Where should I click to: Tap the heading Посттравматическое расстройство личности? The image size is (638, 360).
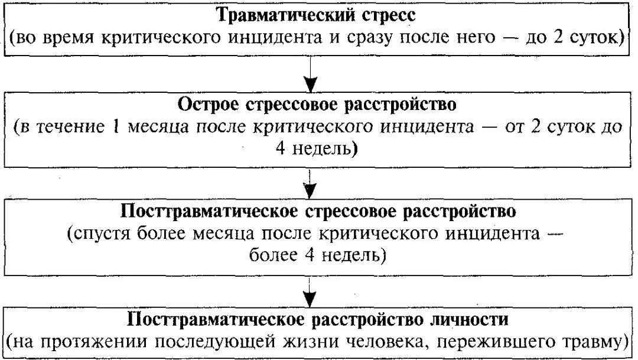click(318, 319)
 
